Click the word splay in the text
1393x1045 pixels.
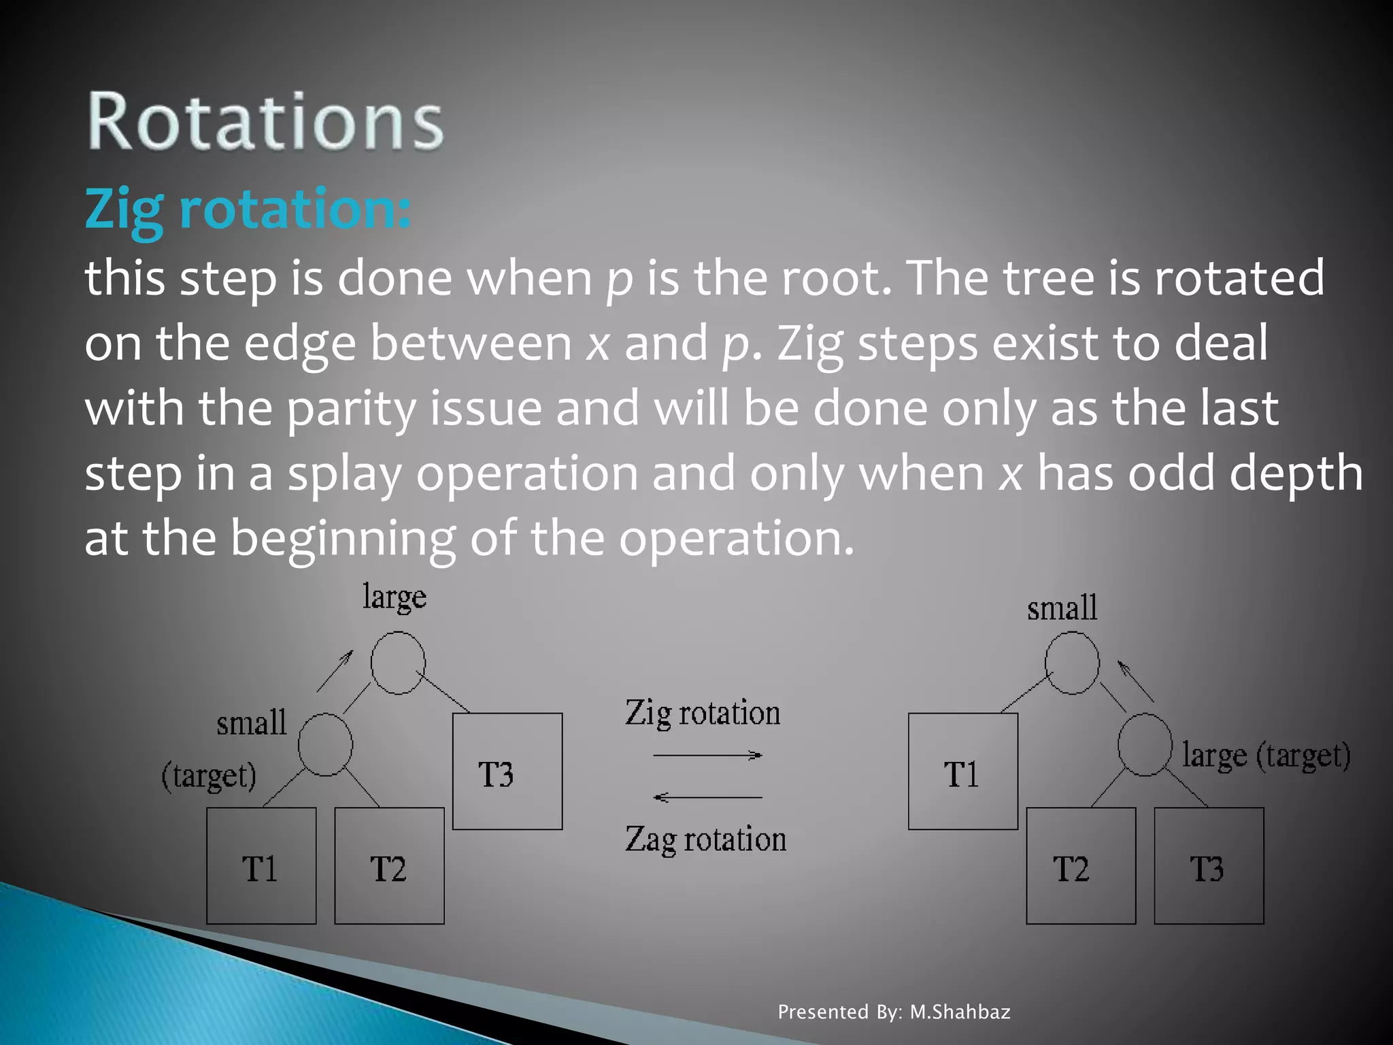345,474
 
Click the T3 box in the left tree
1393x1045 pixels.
507,772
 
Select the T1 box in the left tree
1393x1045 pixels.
261,866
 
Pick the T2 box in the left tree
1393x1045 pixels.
389,866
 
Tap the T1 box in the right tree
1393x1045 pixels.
963,772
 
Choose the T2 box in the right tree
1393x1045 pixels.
1081,866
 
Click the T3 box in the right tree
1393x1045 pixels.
1209,866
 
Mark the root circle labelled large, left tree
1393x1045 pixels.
398,663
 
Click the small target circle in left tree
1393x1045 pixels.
325,744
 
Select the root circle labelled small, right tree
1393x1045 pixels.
1072,663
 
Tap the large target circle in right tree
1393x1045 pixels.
1145,744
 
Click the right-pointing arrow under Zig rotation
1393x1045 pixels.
707,755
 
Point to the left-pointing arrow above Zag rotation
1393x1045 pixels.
707,797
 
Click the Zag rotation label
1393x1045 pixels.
706,840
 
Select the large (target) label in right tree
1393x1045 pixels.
1266,755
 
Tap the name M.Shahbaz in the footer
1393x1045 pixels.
960,1012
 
